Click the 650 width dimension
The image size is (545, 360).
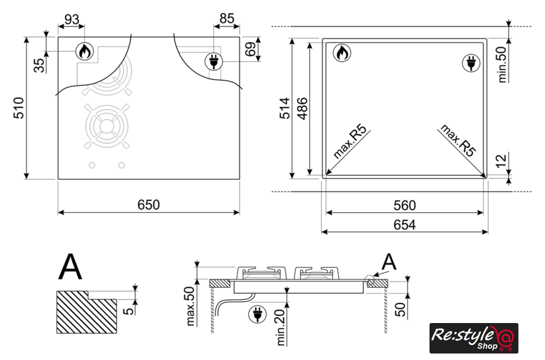[149, 205]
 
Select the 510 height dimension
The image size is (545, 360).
[19, 108]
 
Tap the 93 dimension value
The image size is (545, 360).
[71, 19]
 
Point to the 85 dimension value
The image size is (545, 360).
[227, 18]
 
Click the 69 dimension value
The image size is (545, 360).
[250, 49]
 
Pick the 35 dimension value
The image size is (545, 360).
[40, 66]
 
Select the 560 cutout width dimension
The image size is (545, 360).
[405, 206]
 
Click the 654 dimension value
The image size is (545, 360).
[405, 225]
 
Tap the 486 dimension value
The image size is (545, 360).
[302, 108]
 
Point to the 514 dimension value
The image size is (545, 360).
[284, 108]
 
